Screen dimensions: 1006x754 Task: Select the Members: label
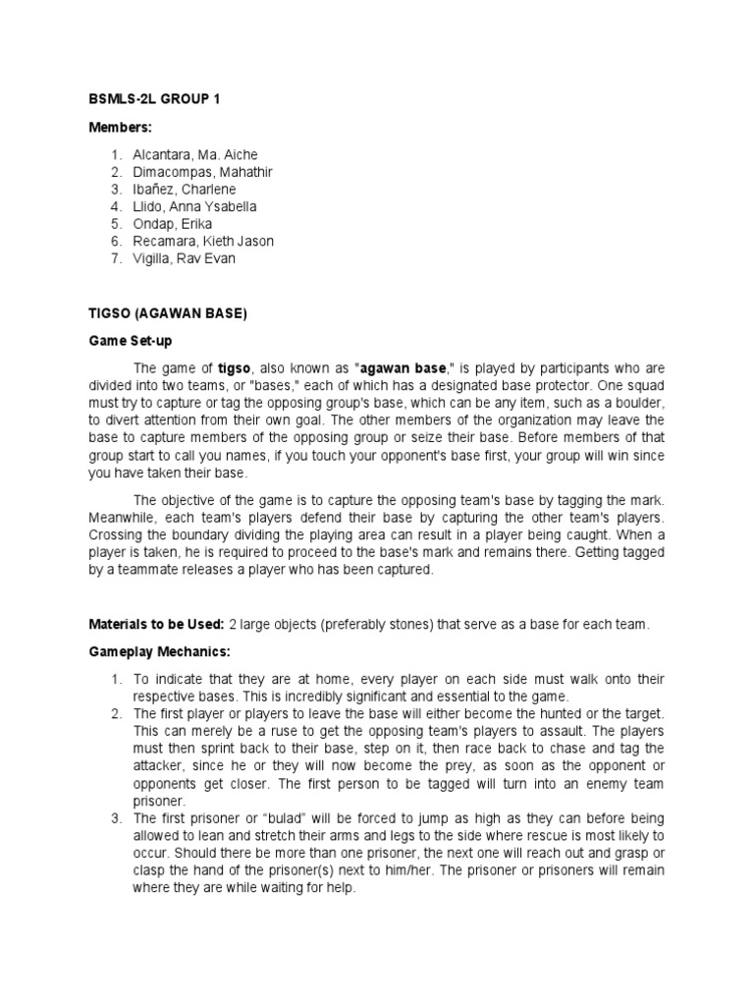[118, 128]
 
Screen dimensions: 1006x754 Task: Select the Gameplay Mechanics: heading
[148, 651]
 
